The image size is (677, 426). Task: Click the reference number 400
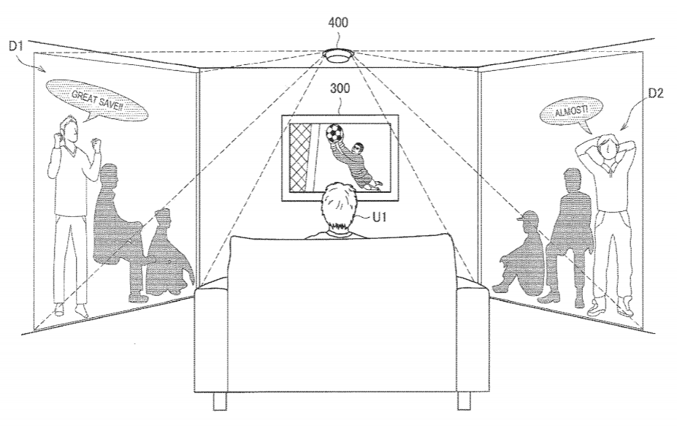point(337,22)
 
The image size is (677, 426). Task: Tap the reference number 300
point(340,88)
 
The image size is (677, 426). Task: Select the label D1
point(15,45)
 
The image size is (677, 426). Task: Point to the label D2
point(655,94)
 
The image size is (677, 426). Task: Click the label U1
point(378,217)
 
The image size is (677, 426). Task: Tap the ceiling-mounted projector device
point(339,56)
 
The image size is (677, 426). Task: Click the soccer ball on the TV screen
point(333,133)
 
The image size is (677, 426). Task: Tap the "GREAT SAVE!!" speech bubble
point(96,100)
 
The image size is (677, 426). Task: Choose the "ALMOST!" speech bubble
point(571,113)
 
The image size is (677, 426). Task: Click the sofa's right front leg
point(464,400)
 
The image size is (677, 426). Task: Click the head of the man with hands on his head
point(607,147)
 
